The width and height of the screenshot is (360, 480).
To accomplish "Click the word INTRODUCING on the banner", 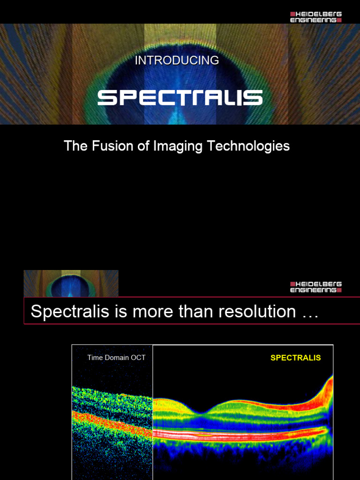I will tap(177, 60).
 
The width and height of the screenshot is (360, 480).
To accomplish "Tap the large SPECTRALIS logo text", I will tap(180, 98).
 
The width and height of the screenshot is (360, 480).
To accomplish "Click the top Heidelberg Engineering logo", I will tap(315, 17).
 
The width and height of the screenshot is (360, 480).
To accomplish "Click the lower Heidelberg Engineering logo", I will tap(315, 287).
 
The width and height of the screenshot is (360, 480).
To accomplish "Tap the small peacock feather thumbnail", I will tap(71, 283).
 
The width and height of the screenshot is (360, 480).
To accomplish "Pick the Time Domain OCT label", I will tap(116, 358).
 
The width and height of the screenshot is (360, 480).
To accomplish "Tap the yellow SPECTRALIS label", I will tap(295, 358).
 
